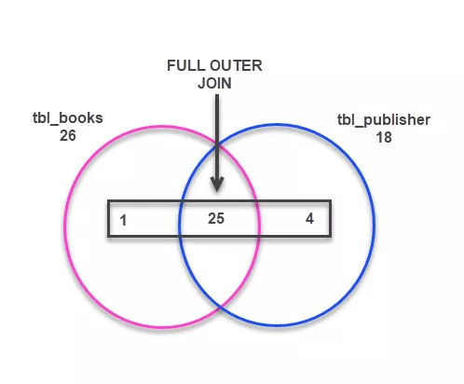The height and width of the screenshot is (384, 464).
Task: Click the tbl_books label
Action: pyautogui.click(x=66, y=118)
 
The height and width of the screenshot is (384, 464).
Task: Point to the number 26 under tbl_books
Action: pyautogui.click(x=66, y=134)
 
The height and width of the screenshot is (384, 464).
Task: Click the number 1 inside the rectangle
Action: pyautogui.click(x=124, y=221)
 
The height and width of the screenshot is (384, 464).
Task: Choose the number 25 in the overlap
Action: pyautogui.click(x=217, y=220)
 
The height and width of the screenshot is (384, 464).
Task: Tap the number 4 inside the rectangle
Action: pyautogui.click(x=309, y=220)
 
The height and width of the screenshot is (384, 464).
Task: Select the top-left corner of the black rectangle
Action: pyautogui.click(x=108, y=201)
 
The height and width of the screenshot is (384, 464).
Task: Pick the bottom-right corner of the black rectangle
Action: pyautogui.click(x=330, y=237)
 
